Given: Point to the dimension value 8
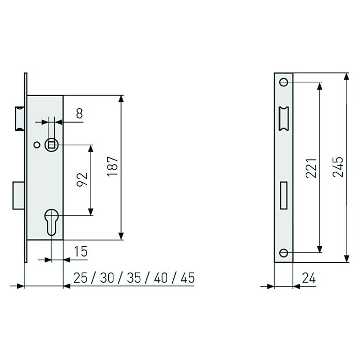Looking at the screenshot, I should (x=79, y=114).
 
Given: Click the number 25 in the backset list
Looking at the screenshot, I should (x=81, y=278).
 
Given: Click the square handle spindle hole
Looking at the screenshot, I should (x=51, y=145).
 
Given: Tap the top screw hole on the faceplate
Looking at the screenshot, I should (x=283, y=82).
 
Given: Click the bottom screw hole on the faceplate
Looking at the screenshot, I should (x=283, y=252).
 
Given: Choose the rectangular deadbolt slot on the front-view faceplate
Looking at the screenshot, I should (x=283, y=196).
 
